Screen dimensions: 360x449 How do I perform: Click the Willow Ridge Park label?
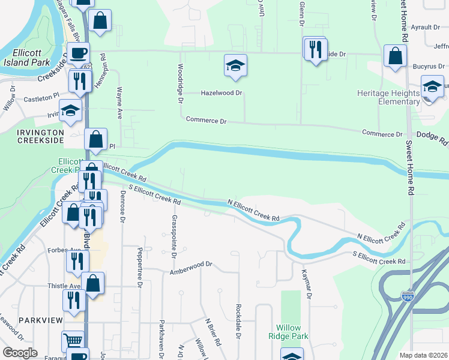(292, 332)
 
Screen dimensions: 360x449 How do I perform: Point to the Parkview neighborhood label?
(36, 320)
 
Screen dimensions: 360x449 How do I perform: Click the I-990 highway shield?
(407, 296)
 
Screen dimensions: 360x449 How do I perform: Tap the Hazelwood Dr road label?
(221, 93)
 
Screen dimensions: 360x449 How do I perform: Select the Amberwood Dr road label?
(191, 264)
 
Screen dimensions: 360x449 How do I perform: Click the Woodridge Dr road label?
(179, 83)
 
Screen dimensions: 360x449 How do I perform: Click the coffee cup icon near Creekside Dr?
(77, 52)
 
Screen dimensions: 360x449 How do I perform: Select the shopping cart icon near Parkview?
(73, 341)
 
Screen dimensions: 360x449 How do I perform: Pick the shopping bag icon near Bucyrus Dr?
(395, 57)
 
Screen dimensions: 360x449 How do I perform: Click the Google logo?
(20, 353)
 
